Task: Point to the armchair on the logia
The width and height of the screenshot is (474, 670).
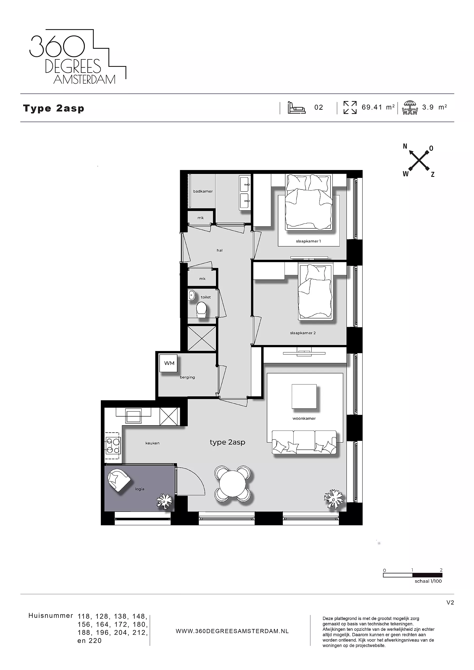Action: point(118,481)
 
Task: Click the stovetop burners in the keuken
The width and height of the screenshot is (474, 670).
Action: point(113,446)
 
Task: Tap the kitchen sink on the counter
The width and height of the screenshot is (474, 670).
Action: point(133,416)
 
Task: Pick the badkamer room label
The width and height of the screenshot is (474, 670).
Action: point(203,191)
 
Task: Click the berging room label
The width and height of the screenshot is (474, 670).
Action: point(187,377)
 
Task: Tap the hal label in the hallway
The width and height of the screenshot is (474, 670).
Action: point(220,250)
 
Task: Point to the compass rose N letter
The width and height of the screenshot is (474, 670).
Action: point(405,147)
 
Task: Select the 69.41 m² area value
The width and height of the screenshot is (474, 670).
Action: point(378,107)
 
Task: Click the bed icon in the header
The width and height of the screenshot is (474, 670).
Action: point(297,107)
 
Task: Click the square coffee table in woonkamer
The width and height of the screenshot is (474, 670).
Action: point(304,396)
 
